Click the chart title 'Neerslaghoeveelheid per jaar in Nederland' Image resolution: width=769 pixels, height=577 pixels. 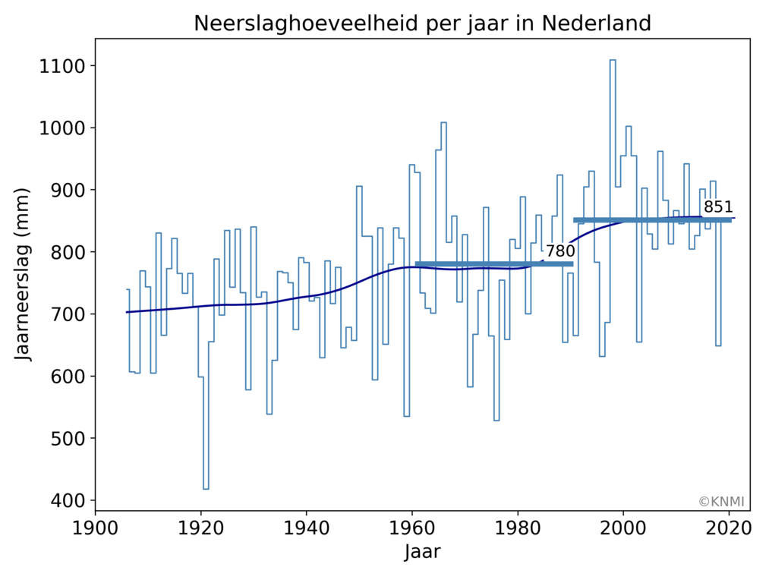(422, 24)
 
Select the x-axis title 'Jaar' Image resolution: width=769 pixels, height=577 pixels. (422, 552)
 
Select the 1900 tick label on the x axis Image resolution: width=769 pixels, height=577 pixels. (95, 527)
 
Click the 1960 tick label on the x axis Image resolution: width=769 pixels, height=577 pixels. (411, 527)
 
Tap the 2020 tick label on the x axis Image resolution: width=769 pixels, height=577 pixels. (729, 527)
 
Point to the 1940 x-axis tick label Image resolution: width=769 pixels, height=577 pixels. (306, 527)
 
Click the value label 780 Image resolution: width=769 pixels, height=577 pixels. (560, 251)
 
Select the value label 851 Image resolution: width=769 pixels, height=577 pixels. (718, 207)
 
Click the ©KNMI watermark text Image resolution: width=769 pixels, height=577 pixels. (721, 502)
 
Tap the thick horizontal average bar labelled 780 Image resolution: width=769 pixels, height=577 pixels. (493, 264)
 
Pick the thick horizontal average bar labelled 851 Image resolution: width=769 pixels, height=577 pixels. (652, 220)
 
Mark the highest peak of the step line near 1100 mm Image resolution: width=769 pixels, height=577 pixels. (613, 60)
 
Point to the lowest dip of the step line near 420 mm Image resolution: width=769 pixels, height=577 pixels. (206, 488)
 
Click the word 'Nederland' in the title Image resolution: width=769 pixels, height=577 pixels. (596, 24)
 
